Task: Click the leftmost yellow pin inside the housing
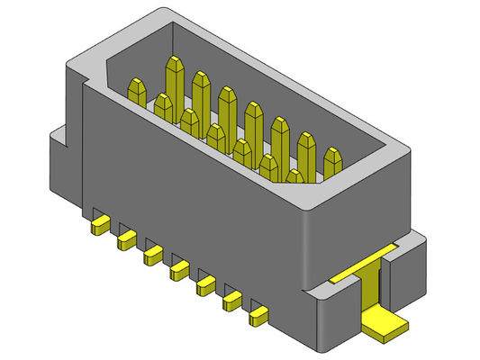click(137, 91)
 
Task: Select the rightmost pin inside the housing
click(332, 163)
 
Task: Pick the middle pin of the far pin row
click(253, 121)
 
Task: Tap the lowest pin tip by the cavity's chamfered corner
click(295, 176)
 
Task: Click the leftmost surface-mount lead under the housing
click(100, 223)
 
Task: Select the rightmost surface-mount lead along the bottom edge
click(259, 314)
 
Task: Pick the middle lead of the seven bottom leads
click(179, 268)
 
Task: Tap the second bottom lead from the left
click(126, 238)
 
